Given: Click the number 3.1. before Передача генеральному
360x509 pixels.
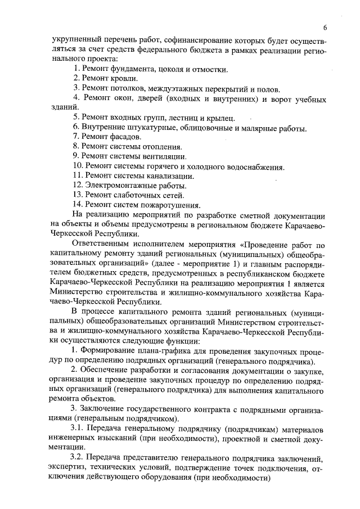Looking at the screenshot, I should (x=78, y=429).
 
